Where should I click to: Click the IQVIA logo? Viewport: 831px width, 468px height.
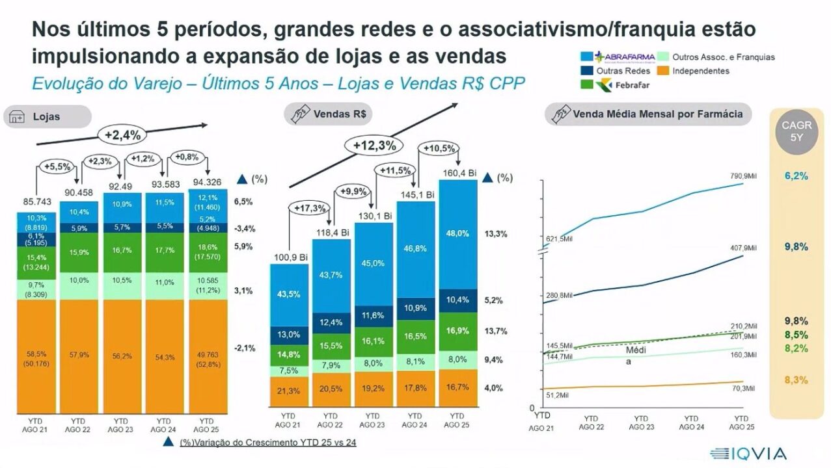click(x=748, y=453)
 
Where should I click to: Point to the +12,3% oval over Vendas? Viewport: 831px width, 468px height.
click(x=374, y=146)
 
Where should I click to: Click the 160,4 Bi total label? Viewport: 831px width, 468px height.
click(x=459, y=174)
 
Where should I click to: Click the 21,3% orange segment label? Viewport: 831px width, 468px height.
click(x=288, y=391)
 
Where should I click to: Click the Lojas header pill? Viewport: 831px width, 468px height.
click(x=47, y=117)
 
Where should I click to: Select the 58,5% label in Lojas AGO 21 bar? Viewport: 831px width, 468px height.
click(x=36, y=354)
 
